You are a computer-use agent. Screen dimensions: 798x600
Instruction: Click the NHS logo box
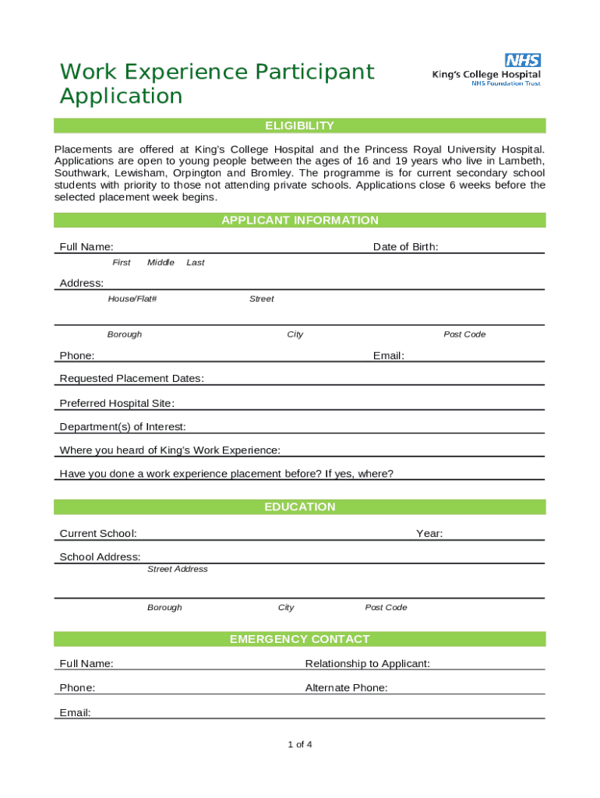point(523,60)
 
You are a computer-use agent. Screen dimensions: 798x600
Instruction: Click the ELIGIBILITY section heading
point(300,125)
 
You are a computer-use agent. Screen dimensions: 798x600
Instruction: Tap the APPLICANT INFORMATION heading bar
point(300,221)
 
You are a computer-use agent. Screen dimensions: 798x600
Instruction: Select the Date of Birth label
point(405,247)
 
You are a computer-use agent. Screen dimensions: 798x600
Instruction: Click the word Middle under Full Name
point(161,263)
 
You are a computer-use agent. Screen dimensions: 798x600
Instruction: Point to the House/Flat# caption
point(132,299)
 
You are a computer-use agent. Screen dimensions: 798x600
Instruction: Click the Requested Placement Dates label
point(132,379)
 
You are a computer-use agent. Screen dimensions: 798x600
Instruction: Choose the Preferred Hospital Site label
point(117,404)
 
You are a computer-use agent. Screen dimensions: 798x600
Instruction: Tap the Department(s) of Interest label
point(122,427)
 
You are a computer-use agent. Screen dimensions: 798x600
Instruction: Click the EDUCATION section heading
point(300,507)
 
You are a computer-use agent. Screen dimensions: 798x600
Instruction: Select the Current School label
point(98,534)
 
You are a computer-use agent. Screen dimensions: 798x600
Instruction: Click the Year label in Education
point(429,534)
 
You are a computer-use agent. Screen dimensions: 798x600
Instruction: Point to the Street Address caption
point(178,570)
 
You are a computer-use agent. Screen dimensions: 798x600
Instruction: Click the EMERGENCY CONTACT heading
point(300,640)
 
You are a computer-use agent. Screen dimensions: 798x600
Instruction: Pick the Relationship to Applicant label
point(368,664)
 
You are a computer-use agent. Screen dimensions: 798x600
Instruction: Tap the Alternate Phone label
point(347,688)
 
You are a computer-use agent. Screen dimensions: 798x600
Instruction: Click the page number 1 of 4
point(300,745)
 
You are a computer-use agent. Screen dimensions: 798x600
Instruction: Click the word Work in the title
point(86,72)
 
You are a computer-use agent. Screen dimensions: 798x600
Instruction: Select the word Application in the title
point(121,97)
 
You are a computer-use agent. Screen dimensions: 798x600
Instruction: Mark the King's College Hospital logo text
point(487,75)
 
